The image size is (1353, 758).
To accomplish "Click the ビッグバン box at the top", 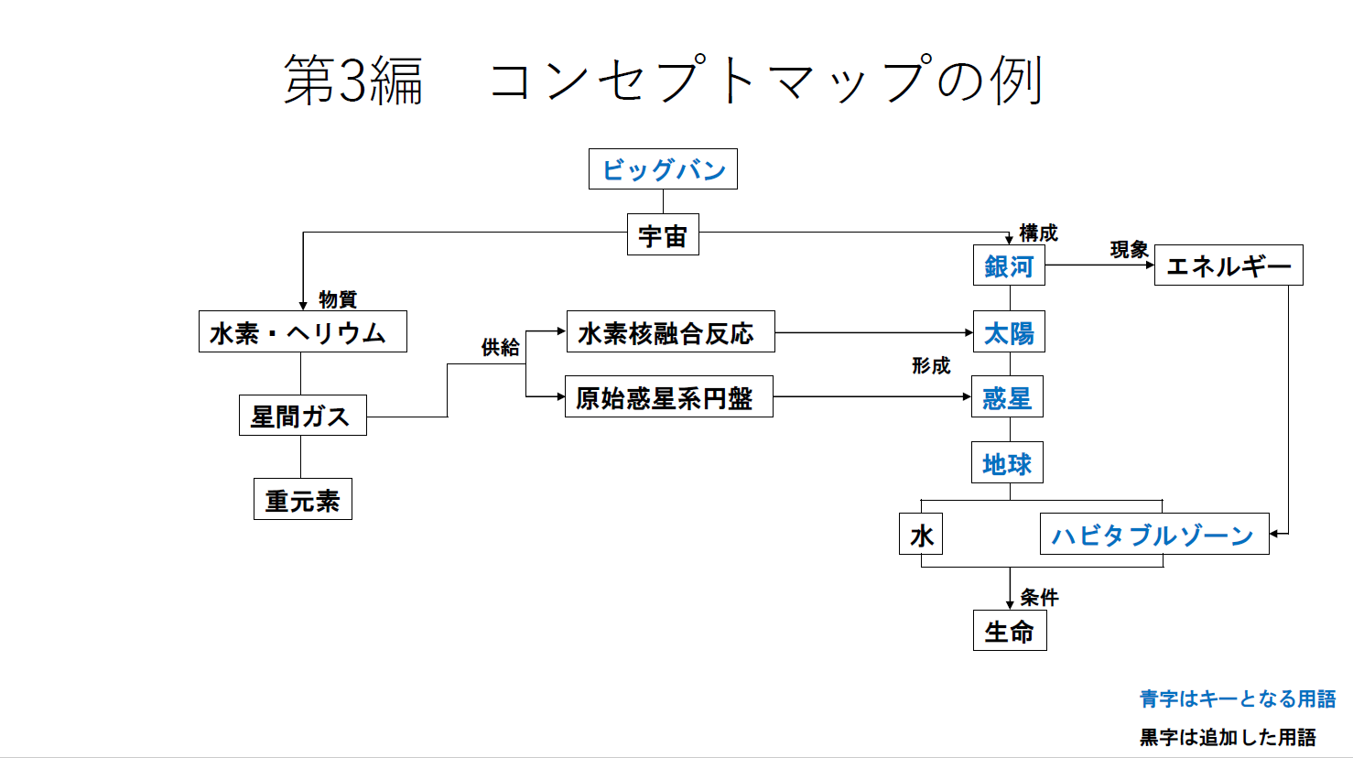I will pos(663,169).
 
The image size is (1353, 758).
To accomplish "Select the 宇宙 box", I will pos(663,235).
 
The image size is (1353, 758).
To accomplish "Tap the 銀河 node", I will pos(1009,265).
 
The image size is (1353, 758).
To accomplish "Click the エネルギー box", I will pos(1228,265).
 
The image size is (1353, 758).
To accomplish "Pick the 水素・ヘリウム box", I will pos(302,332).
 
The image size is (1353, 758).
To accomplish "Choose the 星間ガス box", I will pos(302,416).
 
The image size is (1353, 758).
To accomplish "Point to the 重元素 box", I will pos(302,500).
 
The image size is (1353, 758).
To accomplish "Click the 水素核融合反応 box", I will pos(670,332).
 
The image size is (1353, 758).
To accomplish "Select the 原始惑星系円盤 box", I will pos(668,397).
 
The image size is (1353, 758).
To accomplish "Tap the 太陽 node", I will pos(1009,332).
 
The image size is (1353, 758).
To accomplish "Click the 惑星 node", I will pos(1007,397).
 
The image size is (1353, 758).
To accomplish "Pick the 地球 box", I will pos(1007,463).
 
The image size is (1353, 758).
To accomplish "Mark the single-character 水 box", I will pos(921,535).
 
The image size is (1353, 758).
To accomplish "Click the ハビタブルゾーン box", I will pos(1153,535).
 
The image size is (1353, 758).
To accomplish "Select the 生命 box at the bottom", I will pos(1009,631).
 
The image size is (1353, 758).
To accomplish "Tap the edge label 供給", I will pos(500,347).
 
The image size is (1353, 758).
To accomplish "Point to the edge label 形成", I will pos(931,365).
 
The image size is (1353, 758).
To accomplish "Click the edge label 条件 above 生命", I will pos(1039,597).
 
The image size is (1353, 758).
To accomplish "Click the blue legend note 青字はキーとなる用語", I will pos(1237,698).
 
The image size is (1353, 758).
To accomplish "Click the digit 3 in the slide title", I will pos(353,81).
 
